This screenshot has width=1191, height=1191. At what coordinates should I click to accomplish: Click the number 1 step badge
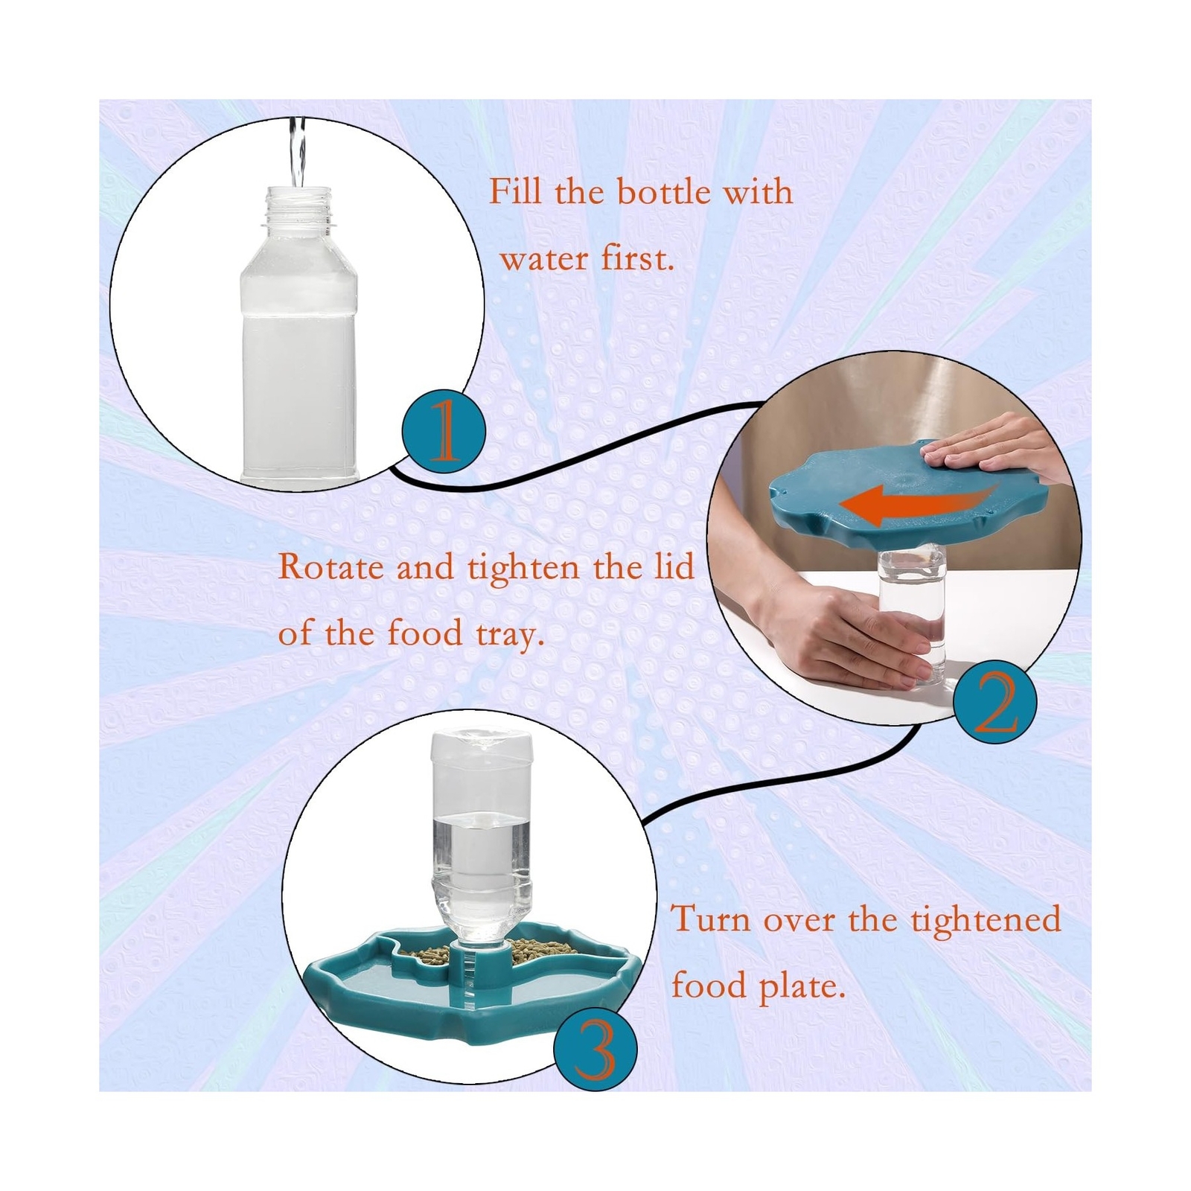click(x=444, y=432)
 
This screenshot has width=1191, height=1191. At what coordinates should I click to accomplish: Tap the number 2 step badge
click(x=995, y=702)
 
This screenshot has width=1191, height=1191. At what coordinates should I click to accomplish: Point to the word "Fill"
click(x=516, y=191)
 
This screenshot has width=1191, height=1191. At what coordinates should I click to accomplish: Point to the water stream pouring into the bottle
click(x=298, y=153)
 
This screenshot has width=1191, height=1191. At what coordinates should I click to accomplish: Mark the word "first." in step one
click(x=637, y=259)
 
